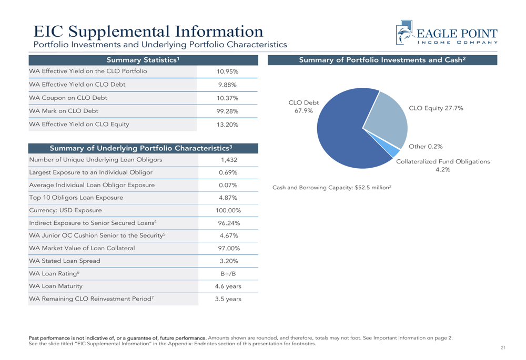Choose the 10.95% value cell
coord(228,70)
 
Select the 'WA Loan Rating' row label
coord(56,273)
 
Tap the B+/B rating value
coord(228,273)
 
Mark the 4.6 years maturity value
coord(228,286)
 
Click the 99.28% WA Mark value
coord(228,111)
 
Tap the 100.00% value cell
coord(228,210)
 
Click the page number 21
coord(503,348)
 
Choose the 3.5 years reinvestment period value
coord(228,299)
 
